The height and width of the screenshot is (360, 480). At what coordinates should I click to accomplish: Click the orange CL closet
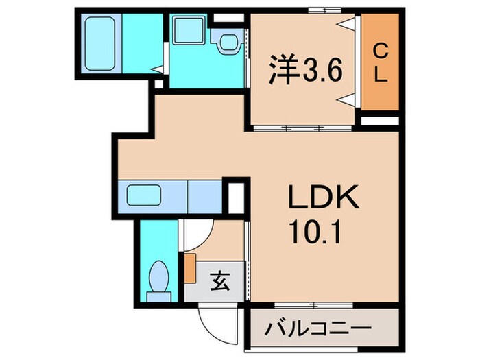[380, 62]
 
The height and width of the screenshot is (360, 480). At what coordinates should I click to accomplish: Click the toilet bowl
[159, 277]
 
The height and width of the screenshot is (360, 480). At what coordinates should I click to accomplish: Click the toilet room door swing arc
[195, 237]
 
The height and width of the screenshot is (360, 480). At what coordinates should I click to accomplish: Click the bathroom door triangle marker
[158, 69]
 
